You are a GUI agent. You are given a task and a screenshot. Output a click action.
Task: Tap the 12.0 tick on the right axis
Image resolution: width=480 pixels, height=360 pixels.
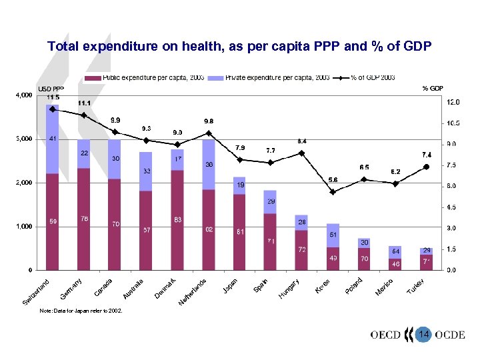pyautogui.click(x=453, y=103)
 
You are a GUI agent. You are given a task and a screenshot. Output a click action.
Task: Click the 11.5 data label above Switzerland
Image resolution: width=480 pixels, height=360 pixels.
pyautogui.click(x=53, y=97)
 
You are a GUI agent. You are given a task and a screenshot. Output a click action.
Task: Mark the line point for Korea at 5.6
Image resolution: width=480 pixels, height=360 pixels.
pyautogui.click(x=333, y=191)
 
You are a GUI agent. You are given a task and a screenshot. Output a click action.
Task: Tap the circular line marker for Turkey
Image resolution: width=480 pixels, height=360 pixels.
pyautogui.click(x=427, y=167)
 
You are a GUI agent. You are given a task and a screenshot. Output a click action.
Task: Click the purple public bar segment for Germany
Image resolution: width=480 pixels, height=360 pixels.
pyautogui.click(x=83, y=220)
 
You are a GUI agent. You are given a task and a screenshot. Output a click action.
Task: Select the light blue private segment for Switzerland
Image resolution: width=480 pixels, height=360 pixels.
pyautogui.click(x=52, y=140)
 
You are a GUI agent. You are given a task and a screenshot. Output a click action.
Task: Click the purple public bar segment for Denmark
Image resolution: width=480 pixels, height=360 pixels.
pyautogui.click(x=177, y=220)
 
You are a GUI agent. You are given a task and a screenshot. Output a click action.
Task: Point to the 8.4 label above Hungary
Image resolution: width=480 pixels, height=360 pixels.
pyautogui.click(x=302, y=141)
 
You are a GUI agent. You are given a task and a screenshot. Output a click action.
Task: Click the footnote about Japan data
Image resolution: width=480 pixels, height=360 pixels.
pyautogui.click(x=81, y=311)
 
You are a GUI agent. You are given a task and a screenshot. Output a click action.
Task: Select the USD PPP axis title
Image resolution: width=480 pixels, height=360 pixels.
pyautogui.click(x=51, y=89)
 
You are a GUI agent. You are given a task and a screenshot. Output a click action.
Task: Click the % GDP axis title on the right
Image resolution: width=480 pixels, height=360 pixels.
pyautogui.click(x=433, y=88)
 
